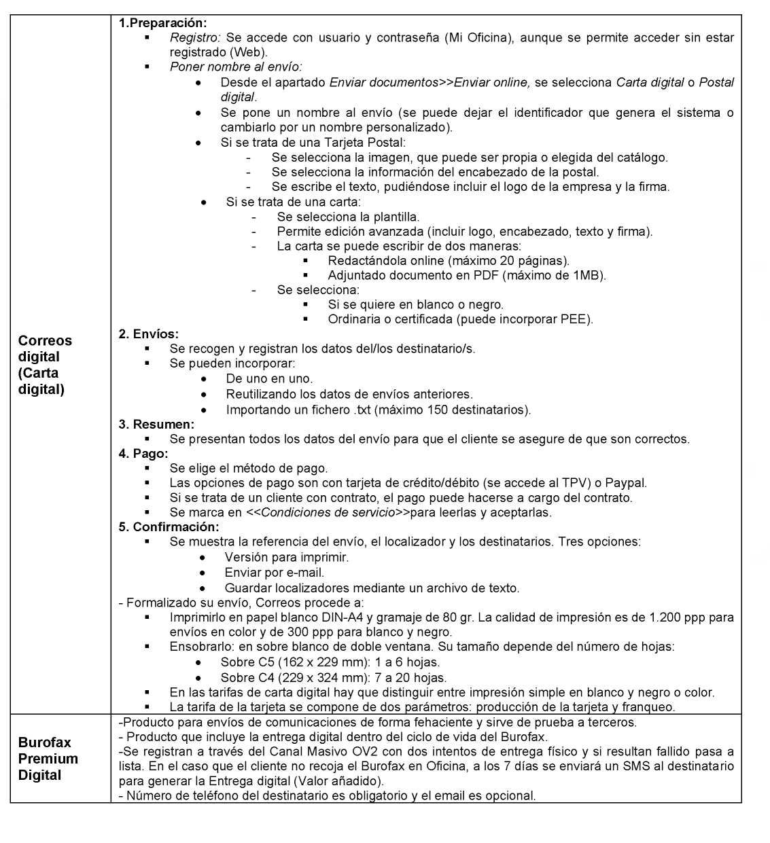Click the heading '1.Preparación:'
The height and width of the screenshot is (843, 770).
pyautogui.click(x=163, y=23)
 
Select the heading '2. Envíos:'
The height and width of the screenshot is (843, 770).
pyautogui.click(x=149, y=334)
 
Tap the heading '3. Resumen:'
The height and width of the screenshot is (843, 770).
pyautogui.click(x=156, y=424)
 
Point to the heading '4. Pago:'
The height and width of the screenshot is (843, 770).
pyautogui.click(x=143, y=453)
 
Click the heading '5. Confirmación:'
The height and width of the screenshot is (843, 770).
pyautogui.click(x=169, y=527)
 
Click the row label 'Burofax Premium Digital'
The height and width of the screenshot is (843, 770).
pyautogui.click(x=48, y=759)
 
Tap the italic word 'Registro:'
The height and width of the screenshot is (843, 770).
pyautogui.click(x=195, y=38)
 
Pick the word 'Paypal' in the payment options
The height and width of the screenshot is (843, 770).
pyautogui.click(x=625, y=483)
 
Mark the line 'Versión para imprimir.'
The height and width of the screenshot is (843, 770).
pyautogui.click(x=287, y=557)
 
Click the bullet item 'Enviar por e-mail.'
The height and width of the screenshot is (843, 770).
pyautogui.click(x=275, y=573)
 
